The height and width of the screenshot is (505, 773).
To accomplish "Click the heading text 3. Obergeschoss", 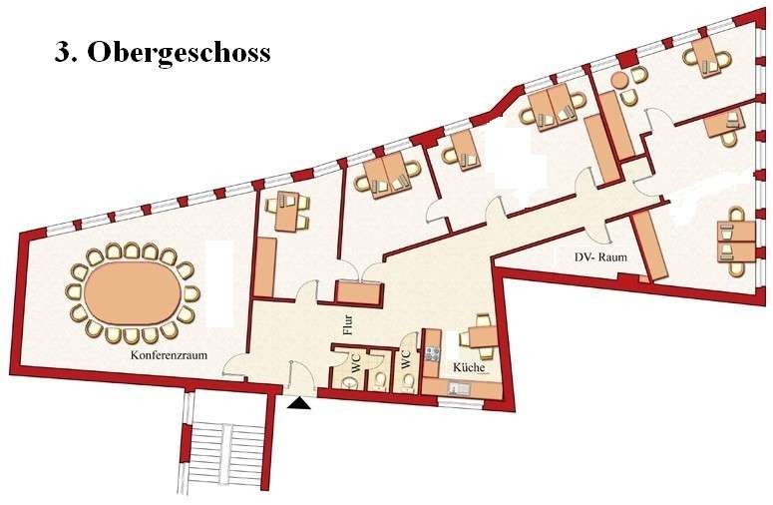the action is pyautogui.click(x=163, y=53).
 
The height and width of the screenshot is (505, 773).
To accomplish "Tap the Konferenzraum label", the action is pyautogui.click(x=169, y=355).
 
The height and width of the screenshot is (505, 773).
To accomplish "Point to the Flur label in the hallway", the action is pyautogui.click(x=348, y=325).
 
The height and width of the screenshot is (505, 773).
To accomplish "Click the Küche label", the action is pyautogui.click(x=469, y=367).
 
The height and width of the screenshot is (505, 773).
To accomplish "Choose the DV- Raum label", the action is pyautogui.click(x=600, y=256).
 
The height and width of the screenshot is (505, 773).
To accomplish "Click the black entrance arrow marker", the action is pyautogui.click(x=299, y=404).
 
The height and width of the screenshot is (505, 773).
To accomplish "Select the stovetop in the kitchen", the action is pyautogui.click(x=432, y=353).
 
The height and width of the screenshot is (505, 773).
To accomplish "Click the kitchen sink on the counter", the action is pyautogui.click(x=459, y=389).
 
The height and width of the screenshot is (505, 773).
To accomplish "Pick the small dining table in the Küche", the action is pyautogui.click(x=483, y=338).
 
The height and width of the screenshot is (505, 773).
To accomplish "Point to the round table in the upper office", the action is pyautogui.click(x=618, y=80).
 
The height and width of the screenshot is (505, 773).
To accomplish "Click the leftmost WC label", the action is pyautogui.click(x=355, y=363).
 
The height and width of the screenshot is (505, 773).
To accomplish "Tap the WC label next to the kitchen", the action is pyautogui.click(x=406, y=360).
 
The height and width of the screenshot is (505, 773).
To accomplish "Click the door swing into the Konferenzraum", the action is pyautogui.click(x=236, y=366).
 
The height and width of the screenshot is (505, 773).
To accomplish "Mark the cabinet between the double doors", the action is pyautogui.click(x=358, y=294).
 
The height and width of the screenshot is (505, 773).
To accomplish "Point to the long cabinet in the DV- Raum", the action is pyautogui.click(x=648, y=247).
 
